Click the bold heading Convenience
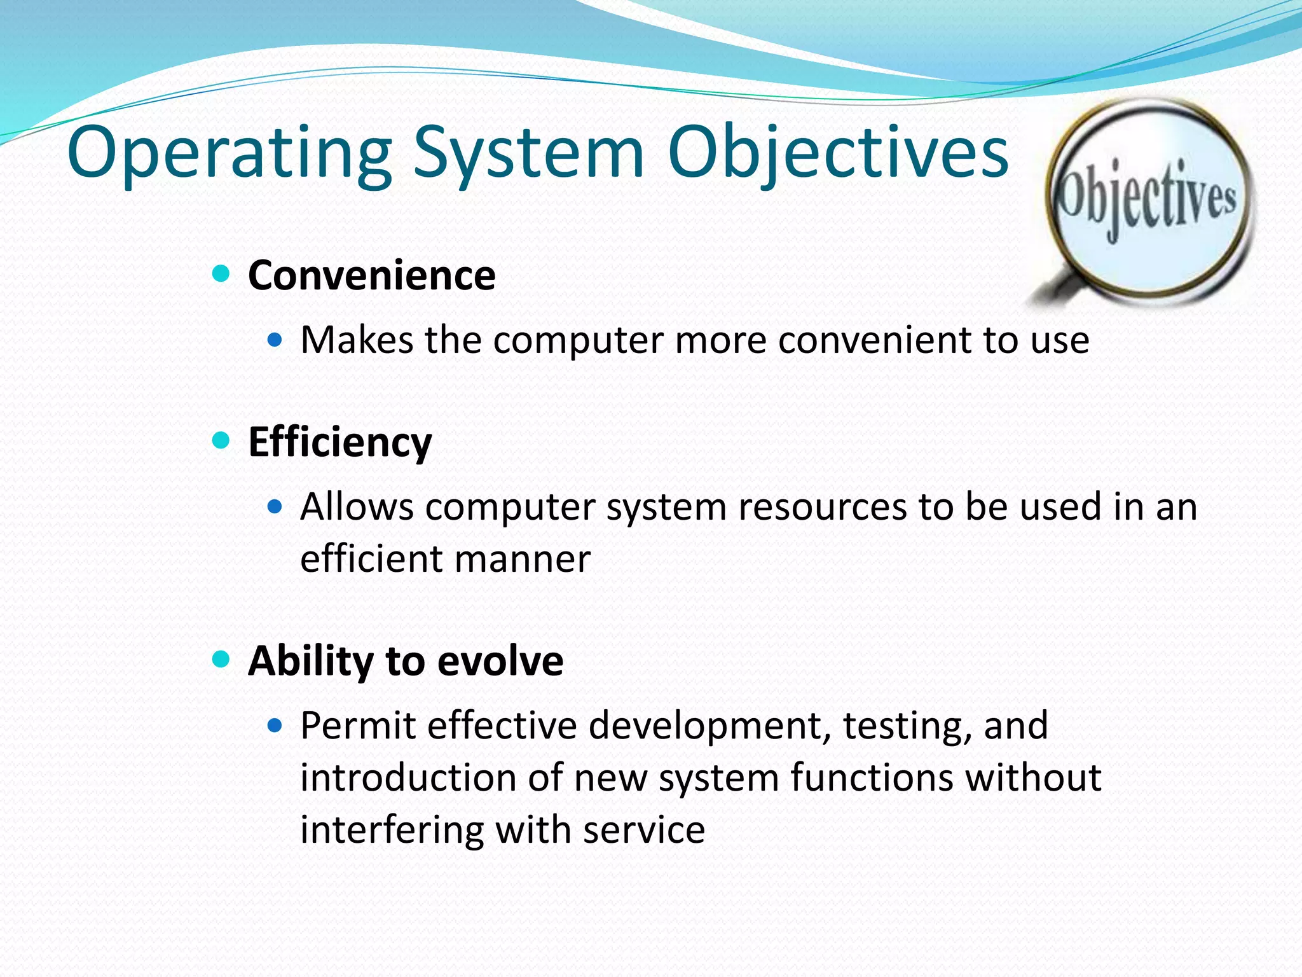click(x=371, y=275)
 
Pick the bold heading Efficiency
click(x=339, y=442)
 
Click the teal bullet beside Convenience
click(x=221, y=274)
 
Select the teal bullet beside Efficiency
click(x=221, y=440)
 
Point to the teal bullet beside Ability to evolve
click(x=221, y=659)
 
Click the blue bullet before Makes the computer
click(x=275, y=340)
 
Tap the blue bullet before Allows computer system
click(x=275, y=507)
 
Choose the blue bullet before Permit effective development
click(x=275, y=726)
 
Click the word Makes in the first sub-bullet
click(x=356, y=340)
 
